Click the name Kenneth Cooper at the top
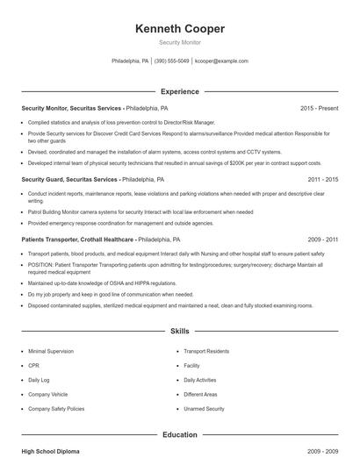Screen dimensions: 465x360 (180, 29)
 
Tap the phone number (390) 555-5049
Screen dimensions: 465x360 (171, 61)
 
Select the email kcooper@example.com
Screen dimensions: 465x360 (221, 61)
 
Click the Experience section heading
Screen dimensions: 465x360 (180, 91)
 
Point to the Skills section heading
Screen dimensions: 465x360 (180, 332)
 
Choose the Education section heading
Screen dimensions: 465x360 (180, 434)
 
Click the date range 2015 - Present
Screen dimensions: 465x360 (319, 108)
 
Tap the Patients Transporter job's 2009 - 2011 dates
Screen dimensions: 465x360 (323, 239)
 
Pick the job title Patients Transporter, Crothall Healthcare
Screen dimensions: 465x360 (77, 239)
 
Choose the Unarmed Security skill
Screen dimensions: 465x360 (204, 409)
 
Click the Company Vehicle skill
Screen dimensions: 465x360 (47, 394)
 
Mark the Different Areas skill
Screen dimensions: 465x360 (200, 394)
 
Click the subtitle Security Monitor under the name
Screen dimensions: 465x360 (180, 42)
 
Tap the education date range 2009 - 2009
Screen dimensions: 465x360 (323, 451)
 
